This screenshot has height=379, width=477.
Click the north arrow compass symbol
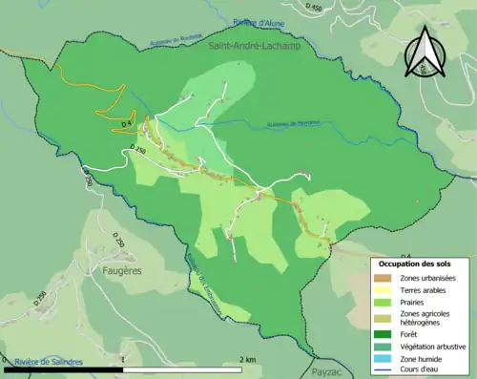pos(425,52)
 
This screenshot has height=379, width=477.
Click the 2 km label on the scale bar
pos(246,359)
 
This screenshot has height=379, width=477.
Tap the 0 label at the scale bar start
pos(6,359)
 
